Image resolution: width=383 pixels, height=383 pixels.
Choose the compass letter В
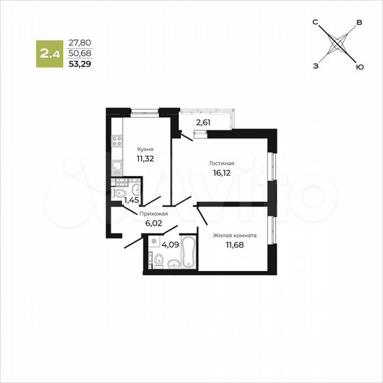tap(360, 23)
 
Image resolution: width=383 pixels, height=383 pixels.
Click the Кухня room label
tap(145, 149)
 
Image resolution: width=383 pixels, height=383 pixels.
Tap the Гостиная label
tap(222, 163)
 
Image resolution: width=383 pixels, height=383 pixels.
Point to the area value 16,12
tap(222, 172)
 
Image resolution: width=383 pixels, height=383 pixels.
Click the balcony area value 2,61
tap(203, 122)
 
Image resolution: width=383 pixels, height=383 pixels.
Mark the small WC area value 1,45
tap(131, 201)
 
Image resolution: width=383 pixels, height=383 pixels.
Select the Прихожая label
tap(154, 212)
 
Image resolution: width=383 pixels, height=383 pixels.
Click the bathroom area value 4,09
tap(170, 245)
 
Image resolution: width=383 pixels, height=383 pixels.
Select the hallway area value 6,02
tap(154, 222)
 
